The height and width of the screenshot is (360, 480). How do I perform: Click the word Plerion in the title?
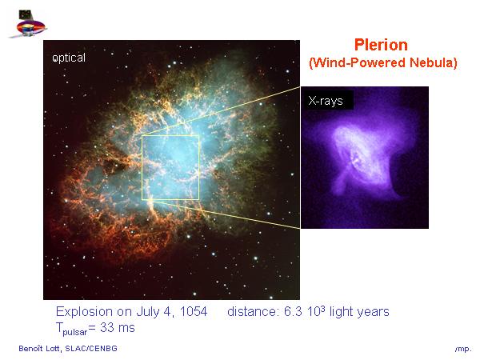tap(381, 45)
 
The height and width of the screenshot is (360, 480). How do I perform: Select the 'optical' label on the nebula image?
tap(69, 58)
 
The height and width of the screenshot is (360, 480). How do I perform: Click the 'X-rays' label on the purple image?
tap(326, 101)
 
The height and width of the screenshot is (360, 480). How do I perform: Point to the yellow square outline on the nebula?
tap(142, 167)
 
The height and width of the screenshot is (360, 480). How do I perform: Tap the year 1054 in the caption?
tap(194, 311)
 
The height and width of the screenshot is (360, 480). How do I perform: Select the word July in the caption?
tap(148, 312)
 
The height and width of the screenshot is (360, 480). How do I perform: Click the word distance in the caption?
tap(252, 312)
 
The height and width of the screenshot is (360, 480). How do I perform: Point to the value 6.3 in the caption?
tap(293, 312)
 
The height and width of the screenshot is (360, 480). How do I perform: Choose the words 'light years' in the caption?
tap(359, 312)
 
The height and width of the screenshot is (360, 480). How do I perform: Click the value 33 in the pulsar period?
tap(107, 327)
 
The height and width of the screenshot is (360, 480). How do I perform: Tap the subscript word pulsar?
tap(75, 331)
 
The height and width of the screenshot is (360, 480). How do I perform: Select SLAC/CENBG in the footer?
tap(91, 348)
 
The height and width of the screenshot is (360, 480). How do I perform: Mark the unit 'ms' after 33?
tap(126, 329)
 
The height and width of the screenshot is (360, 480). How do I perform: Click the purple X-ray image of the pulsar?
tap(365, 158)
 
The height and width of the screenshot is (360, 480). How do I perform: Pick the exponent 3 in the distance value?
tap(323, 308)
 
